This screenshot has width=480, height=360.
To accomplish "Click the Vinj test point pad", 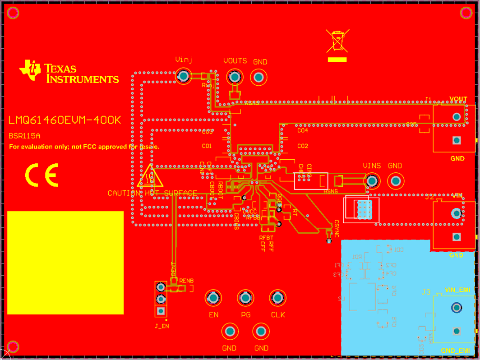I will (183, 76).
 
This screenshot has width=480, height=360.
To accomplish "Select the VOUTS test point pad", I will (234, 77).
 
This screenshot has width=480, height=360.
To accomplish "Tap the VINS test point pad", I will (372, 181).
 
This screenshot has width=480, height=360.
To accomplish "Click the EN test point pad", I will (213, 298).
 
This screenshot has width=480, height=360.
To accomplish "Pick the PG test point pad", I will (245, 298).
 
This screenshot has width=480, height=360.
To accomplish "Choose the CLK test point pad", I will (277, 298).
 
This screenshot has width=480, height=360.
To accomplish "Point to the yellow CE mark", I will (42, 175).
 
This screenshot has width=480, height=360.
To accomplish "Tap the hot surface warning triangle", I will (150, 177).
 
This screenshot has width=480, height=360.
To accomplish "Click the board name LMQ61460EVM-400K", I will (65, 120).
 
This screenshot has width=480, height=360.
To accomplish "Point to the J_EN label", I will (162, 326).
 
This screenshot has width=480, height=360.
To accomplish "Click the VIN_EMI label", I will (457, 290).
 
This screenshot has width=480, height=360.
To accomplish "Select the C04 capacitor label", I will (302, 130).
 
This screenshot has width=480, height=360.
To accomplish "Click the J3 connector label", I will (426, 292).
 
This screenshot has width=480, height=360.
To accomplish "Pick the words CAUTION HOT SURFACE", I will (152, 193).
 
